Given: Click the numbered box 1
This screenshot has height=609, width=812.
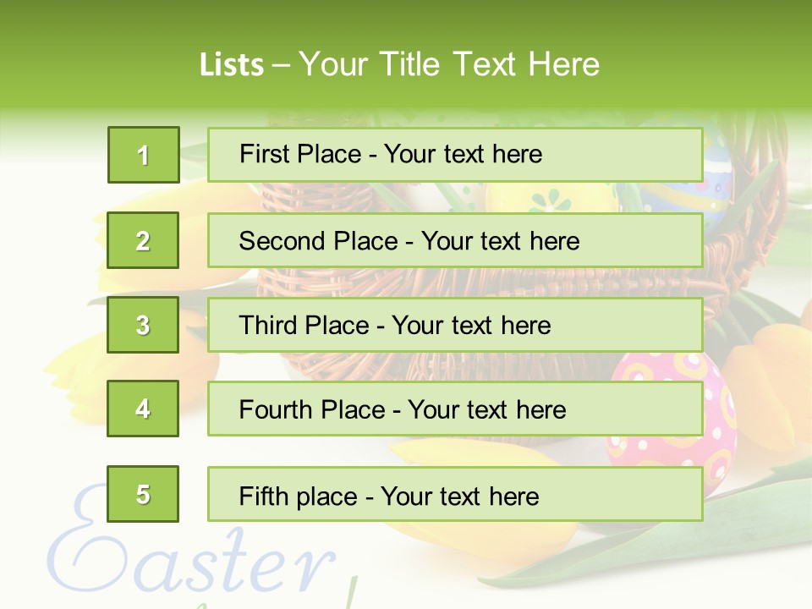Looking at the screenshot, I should [143, 155].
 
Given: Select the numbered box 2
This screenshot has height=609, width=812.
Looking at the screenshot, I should [143, 240].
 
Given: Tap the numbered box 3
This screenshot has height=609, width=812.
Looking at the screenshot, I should [143, 325].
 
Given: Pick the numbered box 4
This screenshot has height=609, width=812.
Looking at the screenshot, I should [143, 409].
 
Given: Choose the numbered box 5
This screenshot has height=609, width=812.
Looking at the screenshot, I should [143, 494].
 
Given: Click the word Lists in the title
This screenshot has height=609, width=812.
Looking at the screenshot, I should [231, 65].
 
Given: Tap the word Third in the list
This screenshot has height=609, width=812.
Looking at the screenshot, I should [269, 326].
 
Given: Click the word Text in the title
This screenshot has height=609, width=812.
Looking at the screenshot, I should [485, 64].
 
